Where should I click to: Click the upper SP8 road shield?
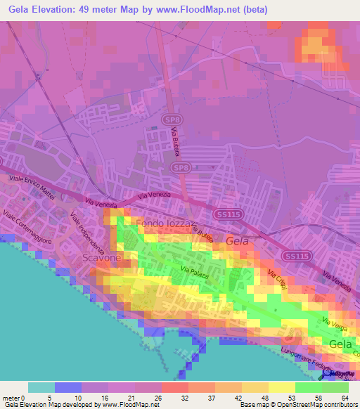171,121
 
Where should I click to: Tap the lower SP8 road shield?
180,167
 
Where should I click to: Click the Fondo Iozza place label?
161,223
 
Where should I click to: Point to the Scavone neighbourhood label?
102,259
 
